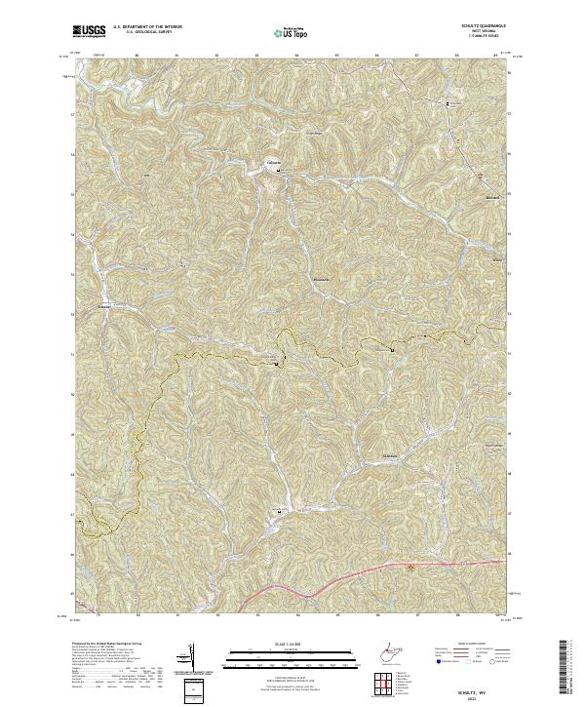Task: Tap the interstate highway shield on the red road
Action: (x=410, y=567)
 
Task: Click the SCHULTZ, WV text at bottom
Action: (x=462, y=690)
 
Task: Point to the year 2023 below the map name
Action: (x=462, y=698)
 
